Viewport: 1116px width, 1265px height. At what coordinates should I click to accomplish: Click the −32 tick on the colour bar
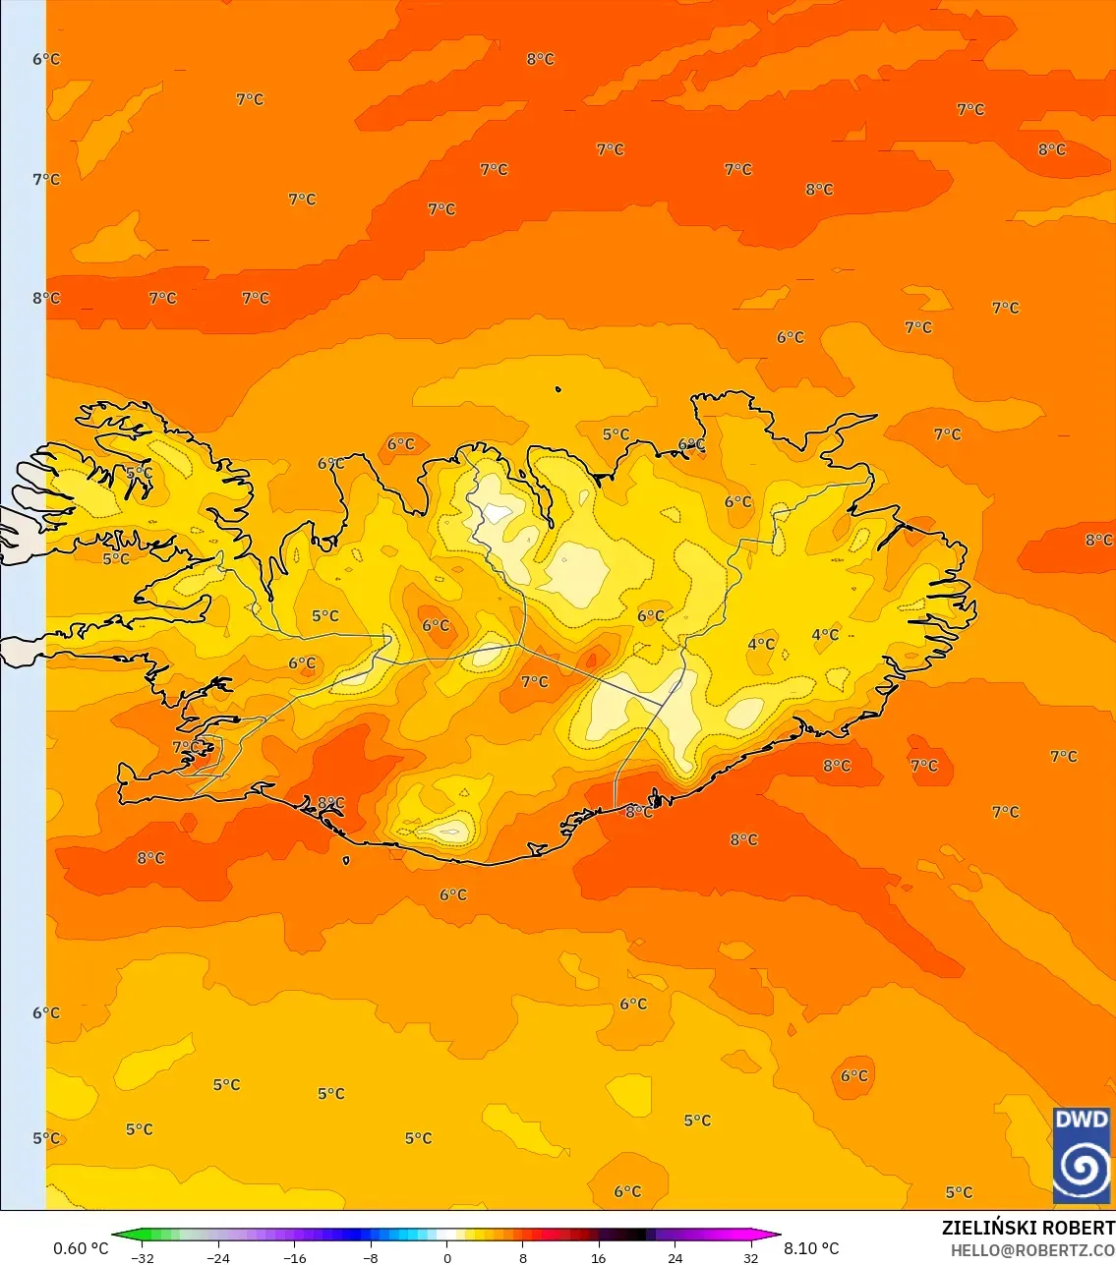143,1257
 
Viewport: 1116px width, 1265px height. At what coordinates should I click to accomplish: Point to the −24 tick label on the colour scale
218,1257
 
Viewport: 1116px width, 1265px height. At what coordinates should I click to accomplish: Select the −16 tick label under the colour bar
294,1257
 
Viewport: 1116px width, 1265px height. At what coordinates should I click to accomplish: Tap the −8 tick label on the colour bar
371,1257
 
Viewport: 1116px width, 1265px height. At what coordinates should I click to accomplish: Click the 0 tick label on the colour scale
447,1257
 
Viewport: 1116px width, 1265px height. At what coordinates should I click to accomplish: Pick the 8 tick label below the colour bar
523,1257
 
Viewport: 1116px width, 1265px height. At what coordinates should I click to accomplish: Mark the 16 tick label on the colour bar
599,1257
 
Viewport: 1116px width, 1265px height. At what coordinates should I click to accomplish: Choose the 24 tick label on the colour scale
675,1257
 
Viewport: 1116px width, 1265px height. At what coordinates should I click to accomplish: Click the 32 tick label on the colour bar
751,1257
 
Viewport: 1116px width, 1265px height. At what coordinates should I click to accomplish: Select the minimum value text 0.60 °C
81,1248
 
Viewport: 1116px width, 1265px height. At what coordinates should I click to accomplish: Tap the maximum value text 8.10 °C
811,1248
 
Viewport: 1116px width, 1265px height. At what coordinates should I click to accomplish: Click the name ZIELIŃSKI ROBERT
1028,1228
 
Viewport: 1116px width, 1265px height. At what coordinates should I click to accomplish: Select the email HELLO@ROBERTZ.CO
1032,1250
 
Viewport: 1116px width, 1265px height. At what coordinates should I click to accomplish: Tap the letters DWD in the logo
1081,1120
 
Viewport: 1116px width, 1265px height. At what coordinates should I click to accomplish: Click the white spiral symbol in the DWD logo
1081,1170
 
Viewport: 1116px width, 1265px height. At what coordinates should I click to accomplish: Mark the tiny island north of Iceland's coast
558,390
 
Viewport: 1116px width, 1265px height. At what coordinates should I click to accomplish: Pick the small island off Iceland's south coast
346,861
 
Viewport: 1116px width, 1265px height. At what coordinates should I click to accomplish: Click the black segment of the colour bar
629,1235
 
